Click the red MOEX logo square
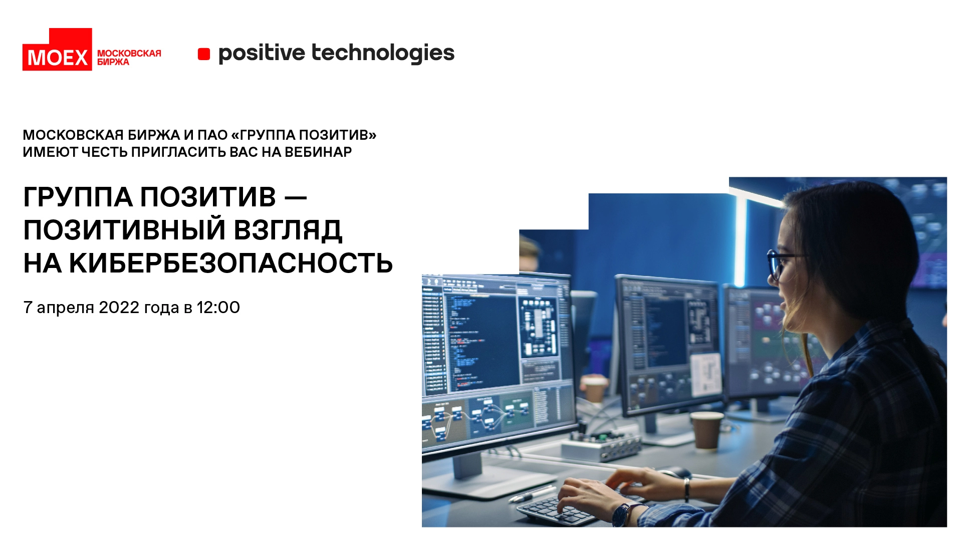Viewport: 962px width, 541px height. tap(57, 50)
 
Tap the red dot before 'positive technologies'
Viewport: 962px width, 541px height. tap(204, 54)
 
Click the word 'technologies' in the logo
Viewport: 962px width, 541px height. tap(383, 53)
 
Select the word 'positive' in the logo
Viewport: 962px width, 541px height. tap(262, 53)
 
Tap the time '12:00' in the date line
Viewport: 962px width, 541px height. tap(218, 307)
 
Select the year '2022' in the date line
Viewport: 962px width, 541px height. tap(119, 307)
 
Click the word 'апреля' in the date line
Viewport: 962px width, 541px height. tap(65, 308)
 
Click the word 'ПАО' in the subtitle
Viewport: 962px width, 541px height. tap(212, 135)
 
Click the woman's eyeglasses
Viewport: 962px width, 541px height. tap(779, 264)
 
